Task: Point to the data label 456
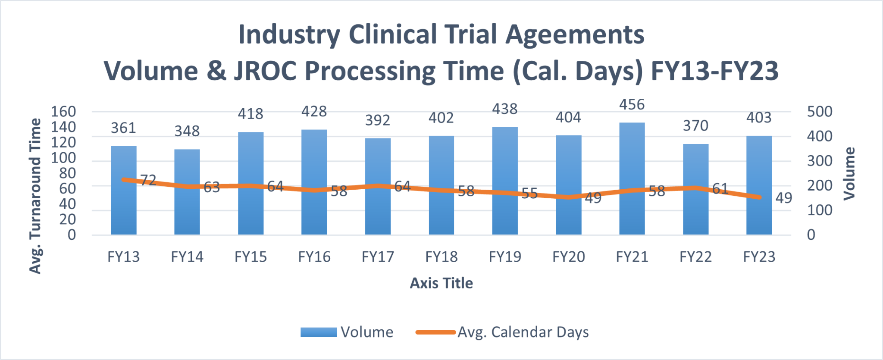tap(632, 105)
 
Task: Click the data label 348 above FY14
tap(187, 131)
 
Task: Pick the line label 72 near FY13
tap(148, 180)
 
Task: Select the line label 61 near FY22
tap(720, 189)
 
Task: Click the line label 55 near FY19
tap(529, 194)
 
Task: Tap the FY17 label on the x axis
tap(378, 257)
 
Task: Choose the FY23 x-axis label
tap(759, 257)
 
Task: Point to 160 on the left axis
tap(63, 112)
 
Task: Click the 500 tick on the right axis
tap(820, 112)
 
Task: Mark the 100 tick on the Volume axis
tap(820, 210)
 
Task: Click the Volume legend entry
tap(347, 332)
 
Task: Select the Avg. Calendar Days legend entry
tap(502, 332)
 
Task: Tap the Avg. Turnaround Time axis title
tap(35, 196)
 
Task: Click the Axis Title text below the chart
tap(441, 283)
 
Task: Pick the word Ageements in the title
tap(575, 34)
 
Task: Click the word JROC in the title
tap(265, 71)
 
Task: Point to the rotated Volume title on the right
tap(849, 174)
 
